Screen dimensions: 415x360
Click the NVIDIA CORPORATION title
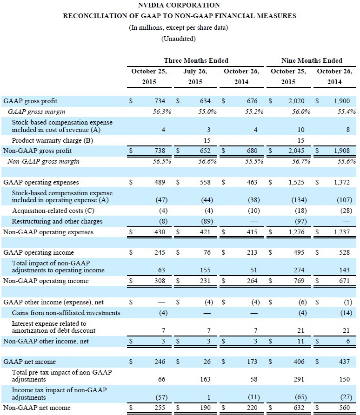coord(180,5)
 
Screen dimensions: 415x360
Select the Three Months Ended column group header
coord(196,60)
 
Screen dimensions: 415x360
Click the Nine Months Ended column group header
coord(312,60)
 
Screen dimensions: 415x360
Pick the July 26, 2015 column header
coord(195,77)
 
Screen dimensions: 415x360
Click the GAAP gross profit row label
coord(30,100)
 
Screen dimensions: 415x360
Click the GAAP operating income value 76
coord(207,252)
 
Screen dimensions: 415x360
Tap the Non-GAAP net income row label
coord(37,408)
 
